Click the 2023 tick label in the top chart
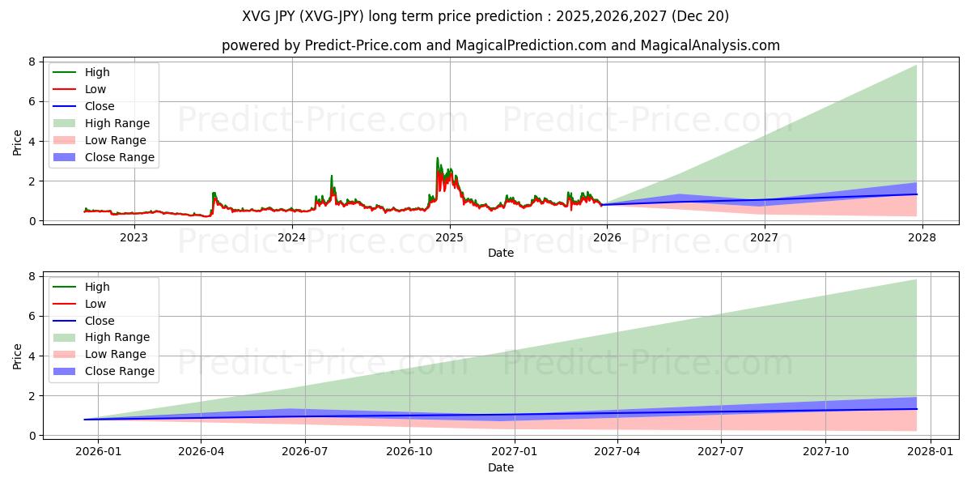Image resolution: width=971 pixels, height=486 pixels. pos(134,237)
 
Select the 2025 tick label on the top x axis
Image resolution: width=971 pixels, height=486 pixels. pos(449,237)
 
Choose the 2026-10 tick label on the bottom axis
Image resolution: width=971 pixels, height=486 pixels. pos(409,451)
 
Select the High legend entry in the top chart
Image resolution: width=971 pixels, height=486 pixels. pos(97,73)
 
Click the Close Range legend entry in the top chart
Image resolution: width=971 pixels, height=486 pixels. pos(119,157)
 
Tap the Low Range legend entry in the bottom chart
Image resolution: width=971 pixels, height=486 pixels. pos(116,354)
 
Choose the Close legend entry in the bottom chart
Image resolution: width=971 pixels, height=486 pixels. pos(100,321)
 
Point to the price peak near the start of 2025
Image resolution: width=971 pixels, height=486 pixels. pos(438,159)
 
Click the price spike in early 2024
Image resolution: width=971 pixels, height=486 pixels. pos(331,176)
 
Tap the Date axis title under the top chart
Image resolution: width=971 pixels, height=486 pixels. pos(501,253)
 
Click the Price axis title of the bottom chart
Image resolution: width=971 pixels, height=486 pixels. pos(18,356)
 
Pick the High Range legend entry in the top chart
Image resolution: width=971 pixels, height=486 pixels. pos(117,123)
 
